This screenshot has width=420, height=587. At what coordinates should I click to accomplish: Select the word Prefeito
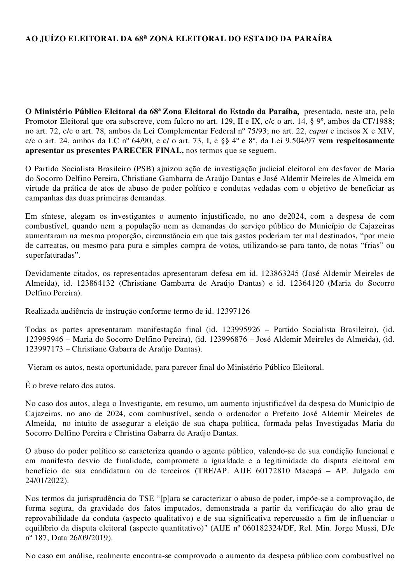pyautogui.click(x=297, y=414)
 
